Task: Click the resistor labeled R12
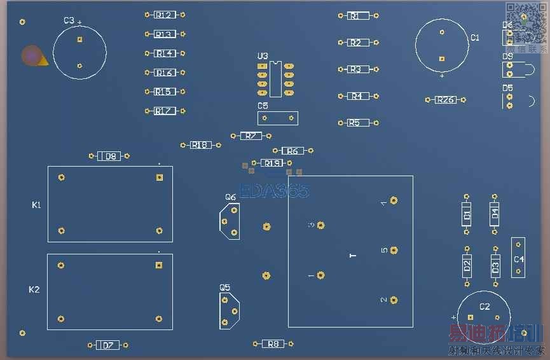[165, 15]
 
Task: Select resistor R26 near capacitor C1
[445, 100]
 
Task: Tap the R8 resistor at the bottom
[273, 343]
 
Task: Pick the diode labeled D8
[109, 156]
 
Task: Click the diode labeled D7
[107, 345]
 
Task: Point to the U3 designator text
[263, 56]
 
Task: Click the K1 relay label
[36, 205]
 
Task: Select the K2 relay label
[34, 289]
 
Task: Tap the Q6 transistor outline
[230, 222]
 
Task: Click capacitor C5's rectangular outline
[277, 118]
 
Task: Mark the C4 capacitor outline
[518, 258]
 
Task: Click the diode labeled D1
[467, 215]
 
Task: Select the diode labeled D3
[495, 265]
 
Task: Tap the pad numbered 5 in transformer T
[394, 250]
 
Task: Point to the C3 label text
[69, 21]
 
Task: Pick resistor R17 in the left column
[165, 111]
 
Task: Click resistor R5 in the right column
[354, 123]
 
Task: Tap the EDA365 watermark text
[274, 191]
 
